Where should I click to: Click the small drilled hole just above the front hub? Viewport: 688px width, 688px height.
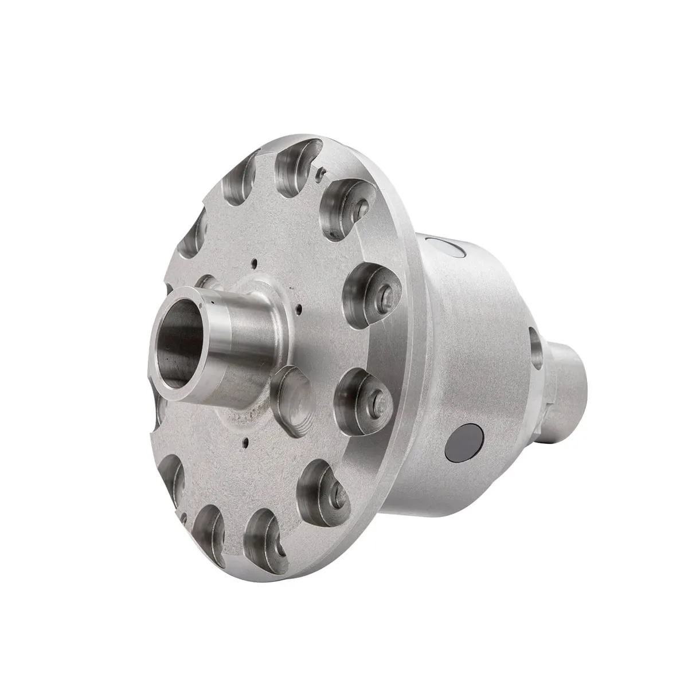pyautogui.click(x=253, y=265)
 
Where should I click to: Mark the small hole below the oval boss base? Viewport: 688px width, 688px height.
pyautogui.click(x=245, y=441)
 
